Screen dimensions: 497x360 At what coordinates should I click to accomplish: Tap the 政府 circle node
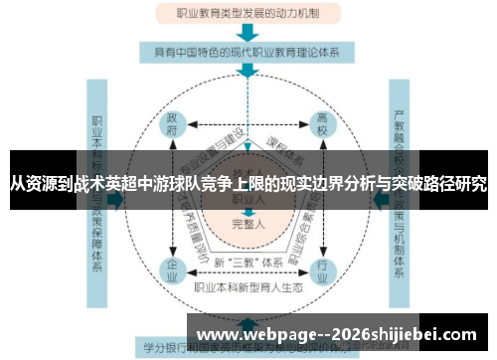pyautogui.click(x=172, y=129)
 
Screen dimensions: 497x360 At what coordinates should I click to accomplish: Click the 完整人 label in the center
pyautogui.click(x=248, y=224)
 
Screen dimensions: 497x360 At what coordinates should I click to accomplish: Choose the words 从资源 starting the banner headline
pyautogui.click(x=33, y=184)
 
